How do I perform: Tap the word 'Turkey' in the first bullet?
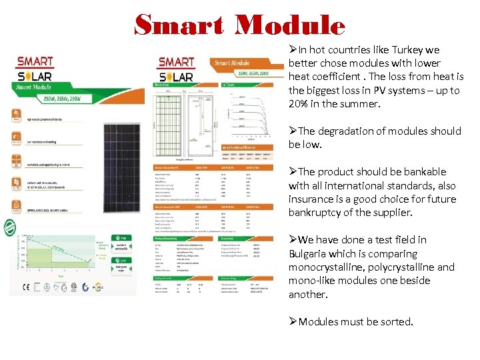(404, 49)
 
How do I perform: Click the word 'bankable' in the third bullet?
(418, 171)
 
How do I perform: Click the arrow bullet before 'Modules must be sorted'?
(293, 321)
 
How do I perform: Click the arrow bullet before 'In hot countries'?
(293, 49)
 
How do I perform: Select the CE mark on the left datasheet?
(25, 287)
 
